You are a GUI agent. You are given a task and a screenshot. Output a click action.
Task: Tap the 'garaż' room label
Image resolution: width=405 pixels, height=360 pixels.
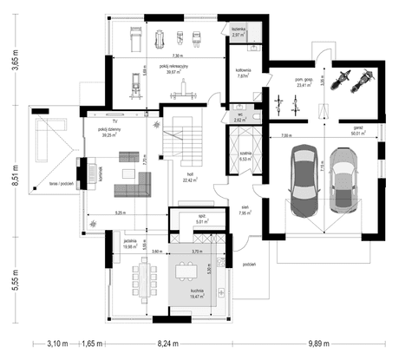[358, 128]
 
